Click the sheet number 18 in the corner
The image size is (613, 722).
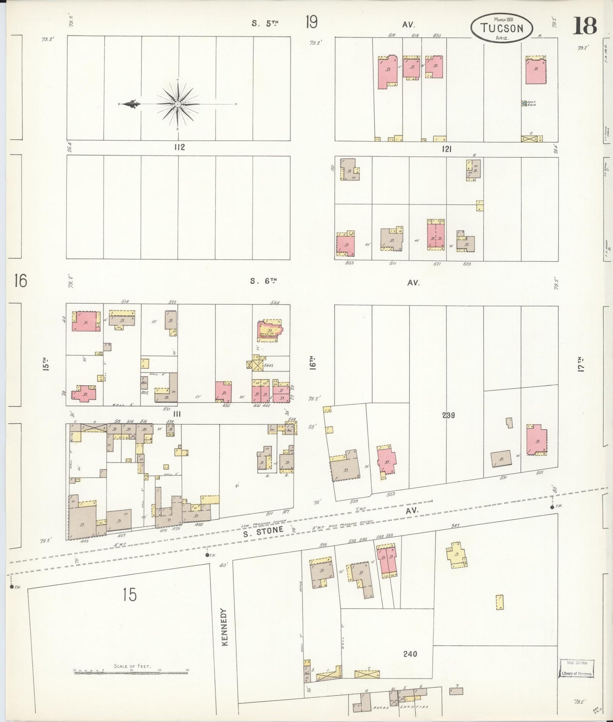(x=585, y=26)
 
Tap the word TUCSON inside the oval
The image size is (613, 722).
(x=501, y=28)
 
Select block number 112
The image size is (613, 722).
(x=179, y=147)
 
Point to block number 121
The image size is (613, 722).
(x=446, y=149)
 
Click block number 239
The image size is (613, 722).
(x=448, y=415)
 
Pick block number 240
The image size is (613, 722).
(x=410, y=654)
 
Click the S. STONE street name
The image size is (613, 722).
(x=263, y=530)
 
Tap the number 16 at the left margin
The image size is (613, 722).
(x=20, y=280)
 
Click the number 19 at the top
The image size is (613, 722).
(x=311, y=22)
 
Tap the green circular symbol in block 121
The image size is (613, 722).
(x=524, y=103)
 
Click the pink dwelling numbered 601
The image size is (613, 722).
(x=536, y=441)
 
